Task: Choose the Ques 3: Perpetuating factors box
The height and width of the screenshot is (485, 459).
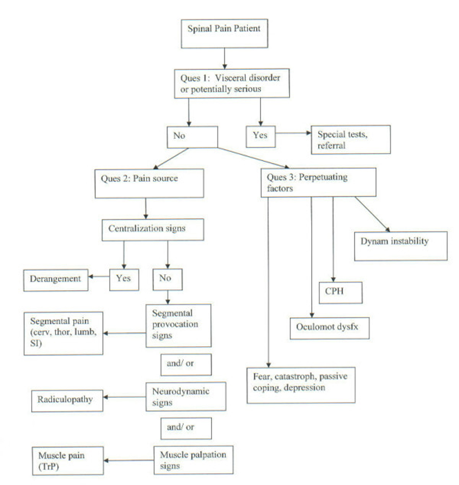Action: click(319, 182)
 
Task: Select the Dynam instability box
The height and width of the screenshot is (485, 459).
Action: click(400, 246)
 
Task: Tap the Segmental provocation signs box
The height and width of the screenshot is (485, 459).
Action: click(178, 326)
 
